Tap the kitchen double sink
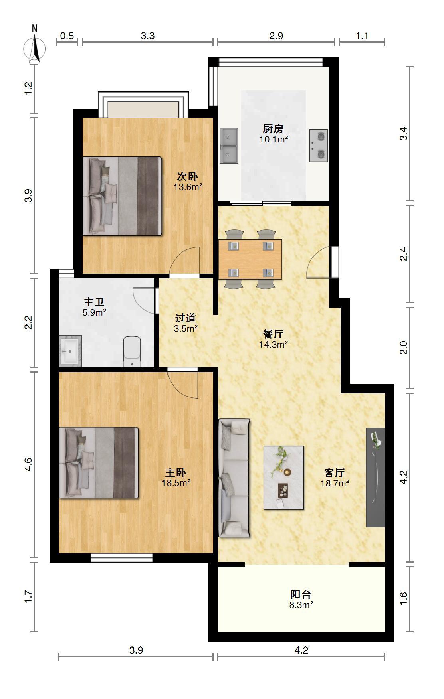click(229, 146)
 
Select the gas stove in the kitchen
click(318, 146)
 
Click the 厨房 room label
click(274, 129)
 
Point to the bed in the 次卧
click(122, 196)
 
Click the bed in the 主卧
click(99, 463)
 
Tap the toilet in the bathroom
click(132, 351)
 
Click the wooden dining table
click(250, 259)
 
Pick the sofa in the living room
click(234, 478)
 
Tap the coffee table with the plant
click(284, 478)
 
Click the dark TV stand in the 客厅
click(375, 478)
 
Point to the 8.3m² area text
click(301, 605)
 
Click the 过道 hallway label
click(186, 318)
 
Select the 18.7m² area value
click(335, 483)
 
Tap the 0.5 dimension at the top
click(67, 36)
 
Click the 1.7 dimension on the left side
click(28, 597)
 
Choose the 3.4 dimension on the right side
click(404, 134)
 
